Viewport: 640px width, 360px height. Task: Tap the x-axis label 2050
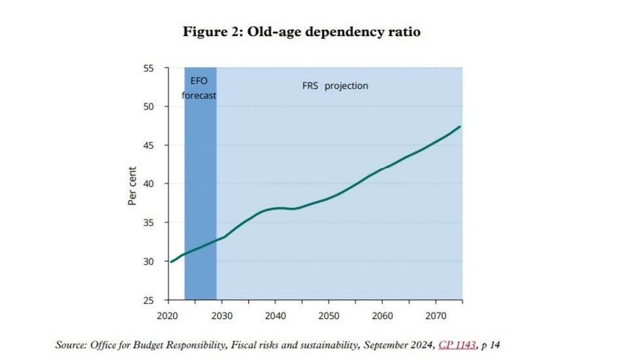328,315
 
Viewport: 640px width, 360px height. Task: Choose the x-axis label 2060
382,315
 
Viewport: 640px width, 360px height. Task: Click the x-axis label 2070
435,315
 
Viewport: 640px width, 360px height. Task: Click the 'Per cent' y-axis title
132,184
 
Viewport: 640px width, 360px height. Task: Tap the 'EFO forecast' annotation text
199,88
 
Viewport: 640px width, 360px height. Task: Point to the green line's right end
461,126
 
